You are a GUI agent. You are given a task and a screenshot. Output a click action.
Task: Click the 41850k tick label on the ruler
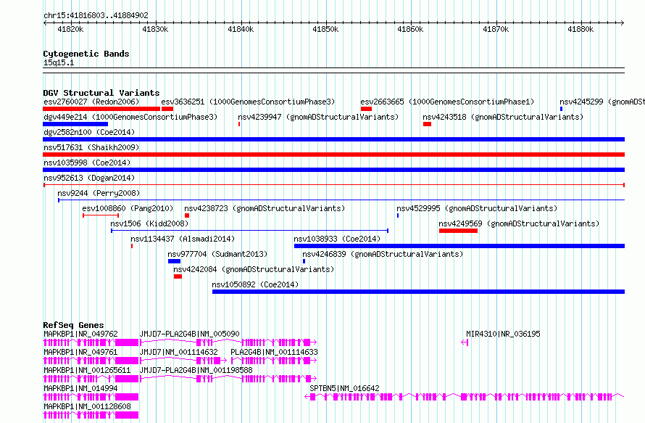pos(325,29)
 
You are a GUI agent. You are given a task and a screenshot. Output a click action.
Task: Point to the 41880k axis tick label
pos(580,29)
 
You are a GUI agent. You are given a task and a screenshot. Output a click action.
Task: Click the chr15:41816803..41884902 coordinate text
pos(96,15)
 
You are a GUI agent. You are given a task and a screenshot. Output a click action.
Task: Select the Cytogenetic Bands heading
pos(86,54)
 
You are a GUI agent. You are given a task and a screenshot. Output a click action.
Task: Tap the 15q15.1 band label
pos(59,62)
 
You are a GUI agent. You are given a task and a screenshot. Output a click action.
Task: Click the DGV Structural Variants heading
pos(101,93)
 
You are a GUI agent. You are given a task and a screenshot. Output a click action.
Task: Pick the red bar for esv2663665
pos(366,109)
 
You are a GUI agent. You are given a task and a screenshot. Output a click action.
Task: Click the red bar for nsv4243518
pos(427,124)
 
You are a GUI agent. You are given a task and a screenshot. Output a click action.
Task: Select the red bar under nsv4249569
pos(458,231)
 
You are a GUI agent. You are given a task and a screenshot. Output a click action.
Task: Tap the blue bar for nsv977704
pos(174,261)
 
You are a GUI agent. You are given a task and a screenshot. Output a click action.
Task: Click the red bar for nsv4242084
pos(178,276)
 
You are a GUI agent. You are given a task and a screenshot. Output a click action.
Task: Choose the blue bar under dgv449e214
pos(75,124)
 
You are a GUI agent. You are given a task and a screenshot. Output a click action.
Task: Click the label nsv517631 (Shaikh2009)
pos(91,147)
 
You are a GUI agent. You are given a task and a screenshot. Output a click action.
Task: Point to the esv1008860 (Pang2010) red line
pos(101,215)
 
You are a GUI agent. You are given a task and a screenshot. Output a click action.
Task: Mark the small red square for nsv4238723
pos(187,215)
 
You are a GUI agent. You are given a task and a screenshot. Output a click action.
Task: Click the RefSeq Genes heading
pos(73,325)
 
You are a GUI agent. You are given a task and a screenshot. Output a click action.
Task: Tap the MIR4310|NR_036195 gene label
pos(503,334)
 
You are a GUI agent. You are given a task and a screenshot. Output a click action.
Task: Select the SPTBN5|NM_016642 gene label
pos(344,388)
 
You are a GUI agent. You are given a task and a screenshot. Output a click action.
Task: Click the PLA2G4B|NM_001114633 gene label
pos(274,352)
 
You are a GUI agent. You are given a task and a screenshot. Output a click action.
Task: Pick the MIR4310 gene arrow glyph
pos(465,342)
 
